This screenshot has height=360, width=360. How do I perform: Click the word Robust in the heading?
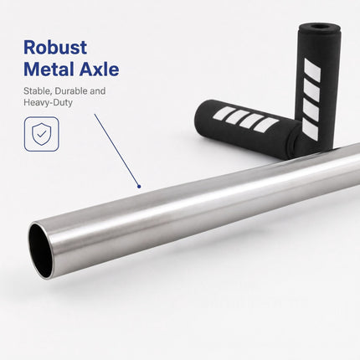[55, 48]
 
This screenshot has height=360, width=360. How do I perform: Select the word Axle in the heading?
[99, 69]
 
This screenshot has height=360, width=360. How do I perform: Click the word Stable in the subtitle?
[38, 91]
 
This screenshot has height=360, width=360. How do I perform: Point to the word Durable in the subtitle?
[71, 91]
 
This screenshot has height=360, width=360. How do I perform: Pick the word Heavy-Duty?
[48, 102]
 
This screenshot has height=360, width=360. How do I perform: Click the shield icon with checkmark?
[42, 134]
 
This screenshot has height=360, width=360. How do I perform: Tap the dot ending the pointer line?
[139, 187]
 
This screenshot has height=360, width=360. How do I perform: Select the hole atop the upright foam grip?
[319, 27]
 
